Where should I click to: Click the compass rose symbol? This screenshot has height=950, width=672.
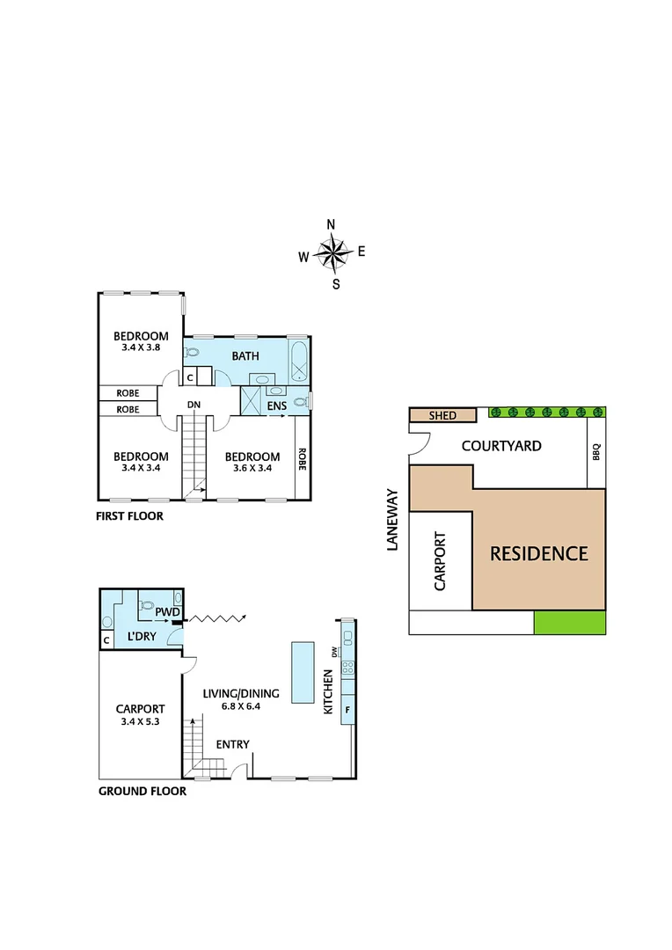[x=332, y=254]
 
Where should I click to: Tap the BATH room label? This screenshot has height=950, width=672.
[x=246, y=356]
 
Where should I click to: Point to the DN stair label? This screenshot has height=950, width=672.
[x=195, y=406]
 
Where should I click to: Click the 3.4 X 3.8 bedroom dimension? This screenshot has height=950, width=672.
[x=141, y=347]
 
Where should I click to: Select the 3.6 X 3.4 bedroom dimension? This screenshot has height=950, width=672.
[x=252, y=468]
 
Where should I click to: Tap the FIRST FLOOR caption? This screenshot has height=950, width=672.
[x=129, y=516]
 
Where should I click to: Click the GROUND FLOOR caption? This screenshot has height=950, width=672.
[x=142, y=791]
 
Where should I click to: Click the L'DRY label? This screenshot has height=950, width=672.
[x=142, y=634]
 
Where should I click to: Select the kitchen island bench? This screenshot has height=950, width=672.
[x=303, y=672]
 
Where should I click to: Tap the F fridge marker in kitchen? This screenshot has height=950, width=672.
[x=347, y=709]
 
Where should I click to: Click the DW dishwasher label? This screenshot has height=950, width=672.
[x=335, y=652]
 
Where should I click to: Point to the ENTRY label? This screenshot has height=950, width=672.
[x=232, y=744]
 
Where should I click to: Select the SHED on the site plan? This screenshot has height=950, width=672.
[x=442, y=415]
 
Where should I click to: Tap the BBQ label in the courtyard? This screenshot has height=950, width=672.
[x=596, y=452]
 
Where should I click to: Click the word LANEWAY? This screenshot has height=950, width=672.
[x=392, y=520]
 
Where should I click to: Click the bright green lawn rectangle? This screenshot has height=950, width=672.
[x=569, y=623]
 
